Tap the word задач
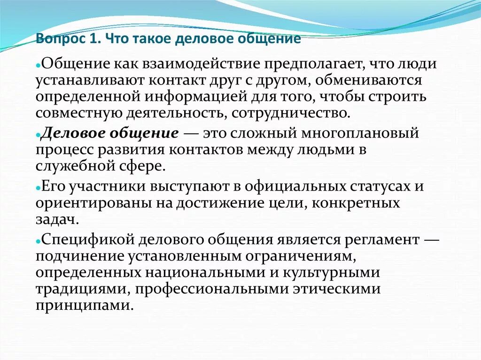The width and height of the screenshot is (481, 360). [54, 219]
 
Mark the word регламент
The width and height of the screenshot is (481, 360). [379, 239]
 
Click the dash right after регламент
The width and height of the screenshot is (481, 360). [431, 239]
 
